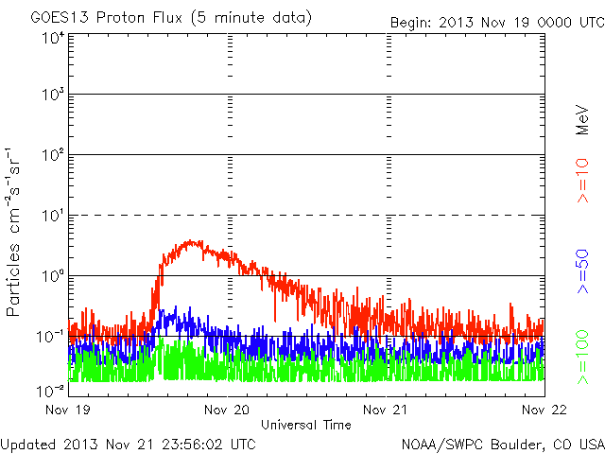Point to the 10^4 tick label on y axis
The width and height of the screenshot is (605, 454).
(x=51, y=38)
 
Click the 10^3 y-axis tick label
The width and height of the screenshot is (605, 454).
(x=51, y=96)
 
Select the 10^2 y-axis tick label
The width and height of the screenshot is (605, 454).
(x=51, y=155)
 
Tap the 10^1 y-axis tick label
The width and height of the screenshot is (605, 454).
(x=51, y=215)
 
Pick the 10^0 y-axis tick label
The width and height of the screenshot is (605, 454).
(x=51, y=275)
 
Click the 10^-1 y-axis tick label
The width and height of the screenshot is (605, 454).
(x=49, y=336)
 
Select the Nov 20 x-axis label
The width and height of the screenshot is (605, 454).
(x=228, y=410)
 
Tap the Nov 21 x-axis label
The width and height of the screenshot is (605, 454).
(x=386, y=410)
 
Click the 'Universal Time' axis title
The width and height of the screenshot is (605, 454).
(x=306, y=425)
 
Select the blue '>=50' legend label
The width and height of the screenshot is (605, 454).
(x=583, y=273)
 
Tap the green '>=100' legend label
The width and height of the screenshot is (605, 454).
(x=583, y=357)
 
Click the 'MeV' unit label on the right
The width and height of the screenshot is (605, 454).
(x=583, y=121)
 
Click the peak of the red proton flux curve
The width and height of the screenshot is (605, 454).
(x=192, y=241)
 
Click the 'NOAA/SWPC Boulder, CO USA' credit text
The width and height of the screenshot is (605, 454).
(x=502, y=444)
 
